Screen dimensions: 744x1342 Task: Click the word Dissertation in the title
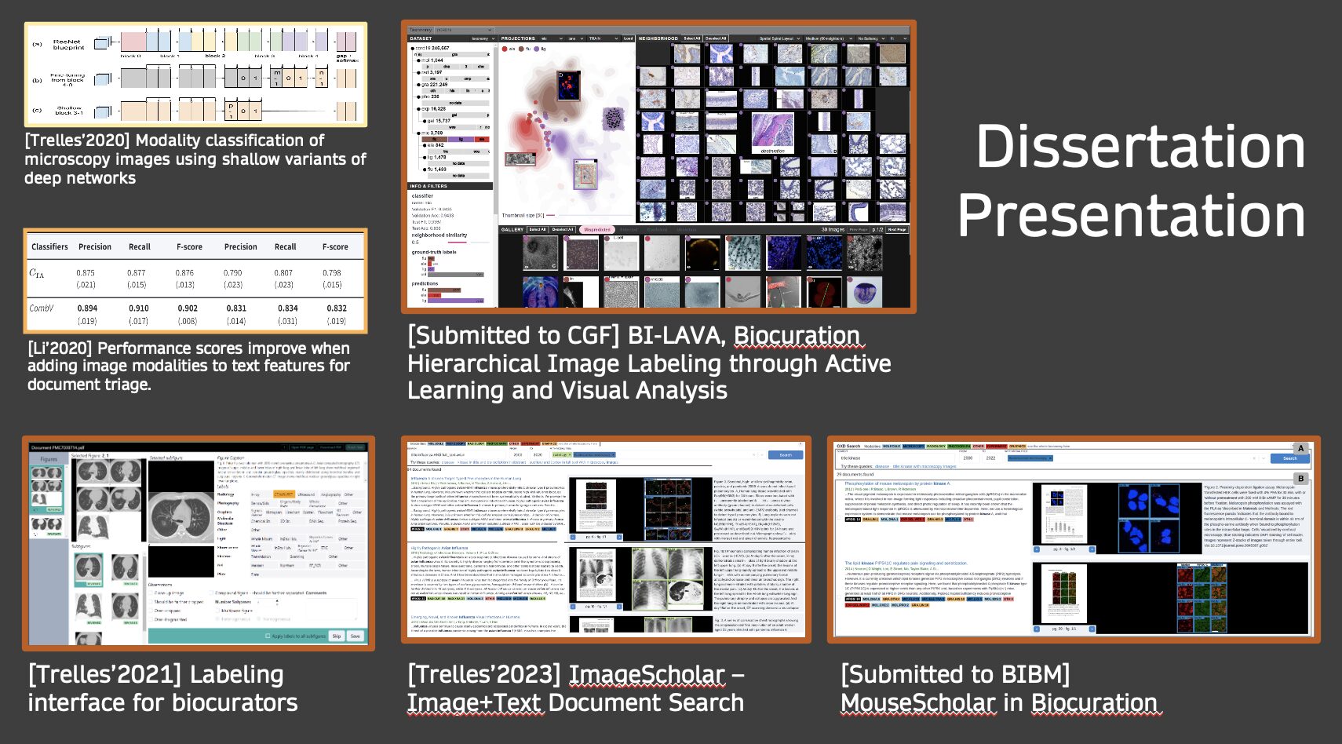[x=1140, y=147]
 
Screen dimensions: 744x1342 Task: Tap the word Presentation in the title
[x=1130, y=216]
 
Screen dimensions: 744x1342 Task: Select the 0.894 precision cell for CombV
[x=87, y=308]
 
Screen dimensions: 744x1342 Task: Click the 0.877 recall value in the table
[x=137, y=273]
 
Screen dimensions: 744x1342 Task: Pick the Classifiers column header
[x=49, y=246]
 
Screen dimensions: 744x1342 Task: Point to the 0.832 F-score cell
[x=337, y=308]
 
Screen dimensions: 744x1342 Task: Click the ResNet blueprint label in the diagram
[x=68, y=45]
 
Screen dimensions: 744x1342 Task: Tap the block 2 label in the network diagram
[x=214, y=57]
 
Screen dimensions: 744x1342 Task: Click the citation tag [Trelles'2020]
[x=77, y=140]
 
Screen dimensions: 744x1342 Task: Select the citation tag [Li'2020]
[x=60, y=348]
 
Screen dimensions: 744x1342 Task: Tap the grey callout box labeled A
[x=1300, y=449]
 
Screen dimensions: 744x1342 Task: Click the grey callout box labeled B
[x=1300, y=478]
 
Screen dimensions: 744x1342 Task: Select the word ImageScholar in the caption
[x=647, y=674]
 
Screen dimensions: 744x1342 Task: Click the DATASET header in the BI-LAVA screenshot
[x=421, y=38]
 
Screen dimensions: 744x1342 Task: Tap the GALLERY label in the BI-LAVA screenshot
[x=512, y=230]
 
